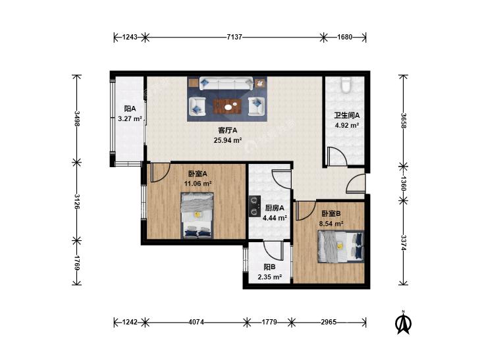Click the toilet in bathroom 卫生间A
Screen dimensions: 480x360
click(346, 85)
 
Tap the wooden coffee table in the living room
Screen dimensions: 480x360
click(227, 107)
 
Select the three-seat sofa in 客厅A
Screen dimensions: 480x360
click(226, 83)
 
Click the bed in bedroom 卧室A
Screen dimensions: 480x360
click(197, 215)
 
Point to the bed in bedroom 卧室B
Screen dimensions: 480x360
click(340, 247)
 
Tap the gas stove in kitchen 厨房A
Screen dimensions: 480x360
click(254, 206)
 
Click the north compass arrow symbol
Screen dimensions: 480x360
click(404, 322)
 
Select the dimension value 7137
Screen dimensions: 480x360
click(234, 37)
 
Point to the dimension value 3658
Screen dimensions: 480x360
click(404, 121)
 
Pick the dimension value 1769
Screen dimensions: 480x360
click(77, 263)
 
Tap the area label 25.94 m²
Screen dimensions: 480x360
click(228, 140)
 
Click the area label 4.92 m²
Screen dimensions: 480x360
click(347, 125)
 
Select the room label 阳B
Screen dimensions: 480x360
click(269, 267)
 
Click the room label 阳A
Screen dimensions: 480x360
click(130, 109)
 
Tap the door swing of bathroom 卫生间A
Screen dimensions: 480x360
click(336, 157)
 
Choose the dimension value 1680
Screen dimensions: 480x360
click(345, 37)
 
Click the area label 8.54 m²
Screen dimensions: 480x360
click(331, 224)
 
